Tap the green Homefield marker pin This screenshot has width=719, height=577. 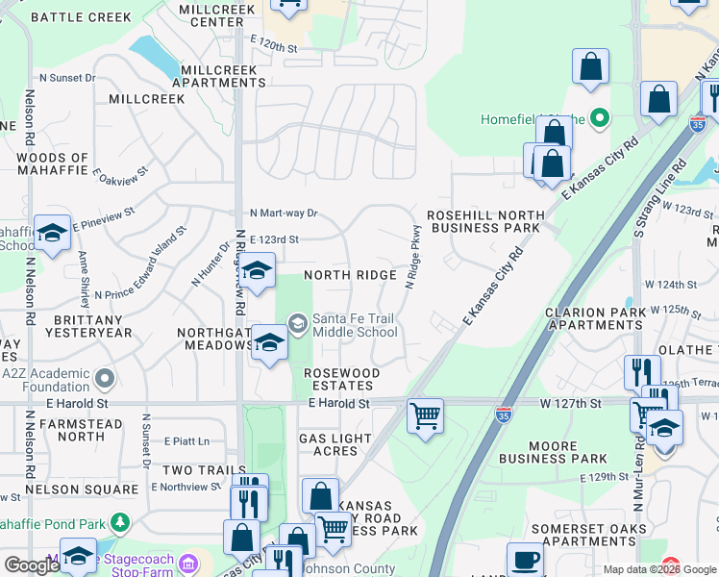coord(601,119)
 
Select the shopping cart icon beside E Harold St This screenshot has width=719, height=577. coord(425,416)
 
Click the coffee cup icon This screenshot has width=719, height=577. coord(526,560)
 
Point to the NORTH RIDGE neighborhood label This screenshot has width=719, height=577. coord(350,275)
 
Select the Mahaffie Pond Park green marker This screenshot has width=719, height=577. coord(120,522)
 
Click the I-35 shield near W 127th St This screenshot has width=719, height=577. coord(503,414)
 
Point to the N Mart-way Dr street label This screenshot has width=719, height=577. coord(284,213)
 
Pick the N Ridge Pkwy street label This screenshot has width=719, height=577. coord(413,258)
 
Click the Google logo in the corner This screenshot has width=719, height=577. coord(32,565)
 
